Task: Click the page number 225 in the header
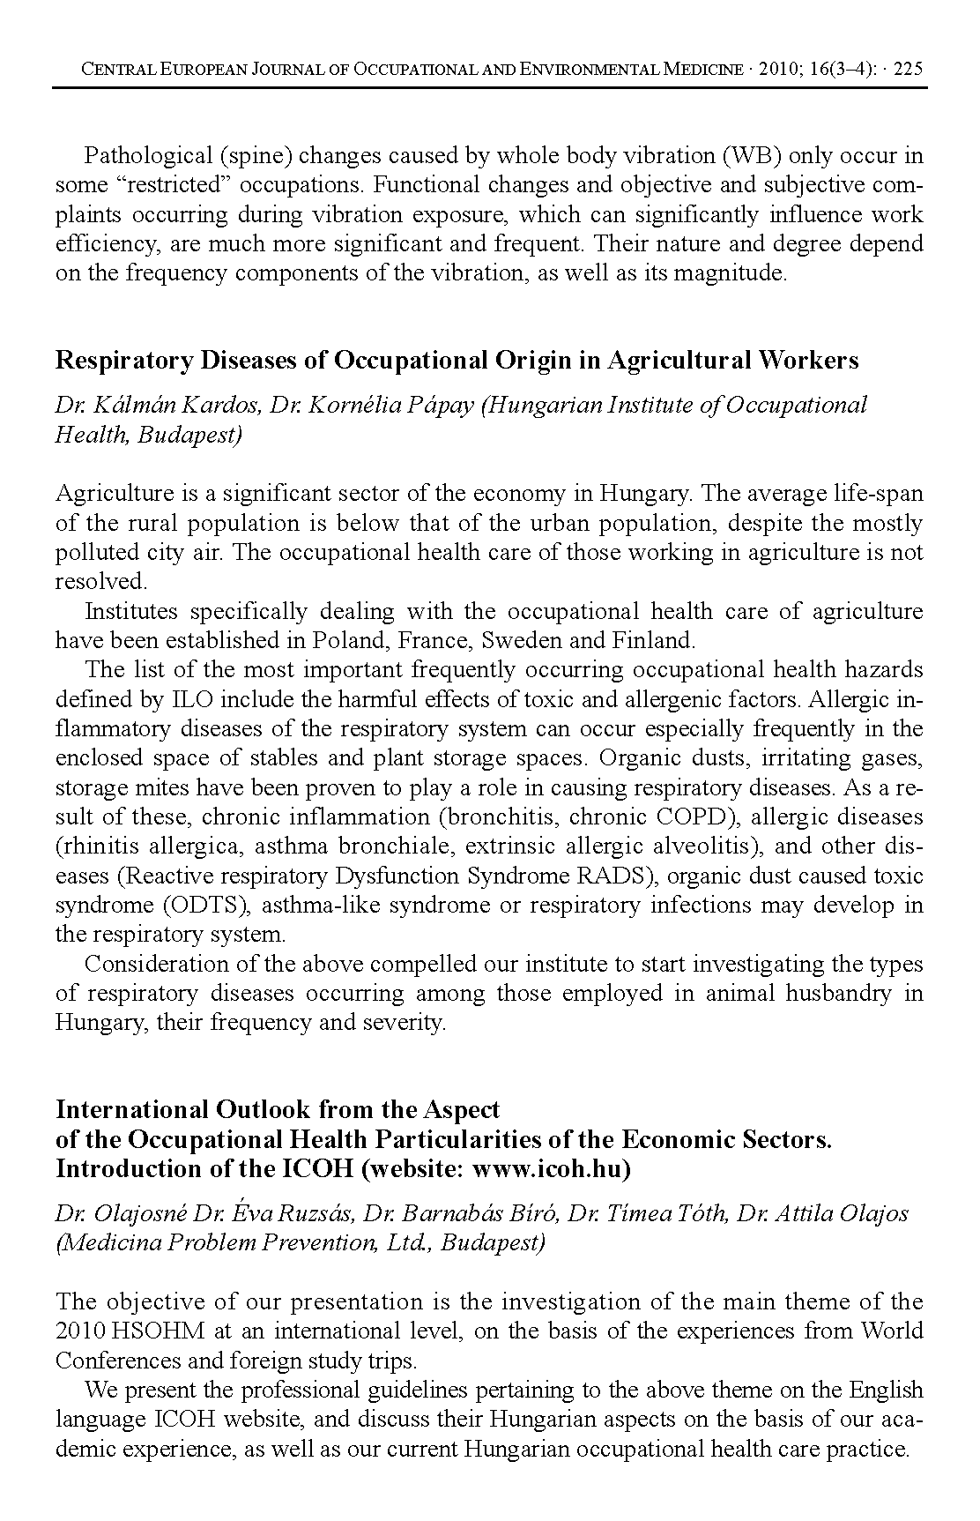908,70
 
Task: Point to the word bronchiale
395,846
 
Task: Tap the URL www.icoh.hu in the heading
549,1168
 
